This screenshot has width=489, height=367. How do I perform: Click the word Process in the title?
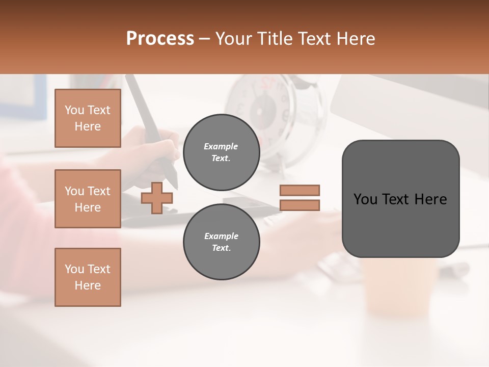(160, 39)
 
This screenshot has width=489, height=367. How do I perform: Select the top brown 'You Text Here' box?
(88, 118)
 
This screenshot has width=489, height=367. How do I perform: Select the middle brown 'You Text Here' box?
(88, 199)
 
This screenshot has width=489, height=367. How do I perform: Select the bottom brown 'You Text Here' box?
(88, 277)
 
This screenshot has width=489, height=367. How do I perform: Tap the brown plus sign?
(157, 198)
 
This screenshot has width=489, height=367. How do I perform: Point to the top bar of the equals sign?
(300, 190)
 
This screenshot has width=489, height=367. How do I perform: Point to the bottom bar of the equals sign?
(300, 205)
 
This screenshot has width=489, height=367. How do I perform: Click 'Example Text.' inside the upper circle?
(221, 152)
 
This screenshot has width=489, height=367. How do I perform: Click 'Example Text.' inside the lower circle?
(221, 242)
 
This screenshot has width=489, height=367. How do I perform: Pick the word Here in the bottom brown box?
(88, 285)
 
